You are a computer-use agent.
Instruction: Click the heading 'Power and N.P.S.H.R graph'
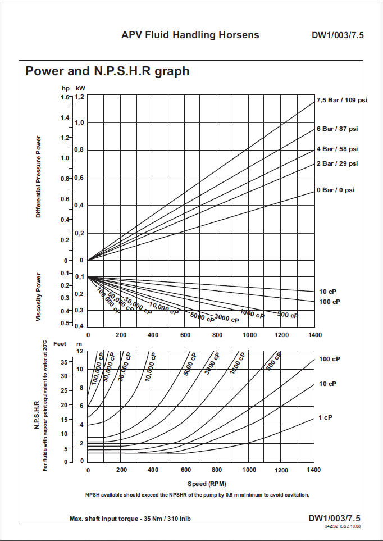point(107,72)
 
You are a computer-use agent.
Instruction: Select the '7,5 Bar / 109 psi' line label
point(342,101)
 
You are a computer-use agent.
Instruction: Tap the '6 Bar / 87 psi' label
point(337,129)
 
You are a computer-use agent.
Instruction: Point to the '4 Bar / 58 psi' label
point(337,149)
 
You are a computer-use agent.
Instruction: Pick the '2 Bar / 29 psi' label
point(337,163)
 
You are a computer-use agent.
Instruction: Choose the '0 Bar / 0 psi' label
point(335,190)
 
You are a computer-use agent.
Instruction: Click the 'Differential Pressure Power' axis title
point(39,177)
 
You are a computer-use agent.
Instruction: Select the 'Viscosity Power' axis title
point(39,298)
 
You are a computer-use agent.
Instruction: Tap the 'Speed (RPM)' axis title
point(207,483)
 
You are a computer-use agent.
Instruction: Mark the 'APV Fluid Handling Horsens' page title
point(190,35)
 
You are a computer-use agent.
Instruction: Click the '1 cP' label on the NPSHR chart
point(326,417)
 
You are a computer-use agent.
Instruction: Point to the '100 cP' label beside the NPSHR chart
point(330,359)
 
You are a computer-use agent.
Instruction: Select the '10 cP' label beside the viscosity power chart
point(328,292)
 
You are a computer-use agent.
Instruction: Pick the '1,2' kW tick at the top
point(79,97)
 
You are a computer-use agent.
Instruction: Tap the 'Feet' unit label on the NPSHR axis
point(60,343)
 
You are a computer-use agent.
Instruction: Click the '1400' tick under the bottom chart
point(314,470)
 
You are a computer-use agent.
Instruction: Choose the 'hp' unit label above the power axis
point(66,88)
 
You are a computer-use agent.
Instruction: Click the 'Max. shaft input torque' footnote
point(130,519)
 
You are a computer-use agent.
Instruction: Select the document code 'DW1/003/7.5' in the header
point(338,35)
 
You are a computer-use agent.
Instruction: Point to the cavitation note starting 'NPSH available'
point(197,495)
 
